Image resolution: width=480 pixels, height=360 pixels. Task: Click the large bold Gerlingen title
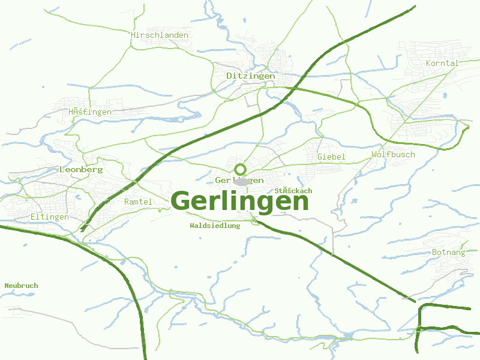(x=240, y=202)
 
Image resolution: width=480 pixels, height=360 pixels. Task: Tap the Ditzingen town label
(x=251, y=76)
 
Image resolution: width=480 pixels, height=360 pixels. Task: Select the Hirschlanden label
(x=160, y=35)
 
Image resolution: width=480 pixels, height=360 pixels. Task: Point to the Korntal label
(x=442, y=64)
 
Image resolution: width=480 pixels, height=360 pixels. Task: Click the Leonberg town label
(x=81, y=170)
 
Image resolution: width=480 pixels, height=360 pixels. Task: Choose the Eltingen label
(x=49, y=217)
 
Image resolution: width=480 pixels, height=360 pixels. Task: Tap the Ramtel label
(x=138, y=202)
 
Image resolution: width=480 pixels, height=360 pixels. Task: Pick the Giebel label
(x=331, y=157)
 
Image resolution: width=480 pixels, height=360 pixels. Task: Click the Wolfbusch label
(x=393, y=155)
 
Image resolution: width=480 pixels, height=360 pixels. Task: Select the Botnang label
(x=449, y=253)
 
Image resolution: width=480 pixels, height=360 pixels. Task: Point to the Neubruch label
(x=21, y=286)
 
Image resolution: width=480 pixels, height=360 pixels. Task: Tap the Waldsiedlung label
(x=215, y=226)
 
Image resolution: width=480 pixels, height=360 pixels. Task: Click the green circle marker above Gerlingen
(x=241, y=169)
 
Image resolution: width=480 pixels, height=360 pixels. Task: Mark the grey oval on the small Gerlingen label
(x=242, y=181)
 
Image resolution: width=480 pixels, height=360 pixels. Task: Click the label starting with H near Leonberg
(x=90, y=112)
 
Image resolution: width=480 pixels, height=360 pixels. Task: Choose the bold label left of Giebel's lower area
(x=293, y=191)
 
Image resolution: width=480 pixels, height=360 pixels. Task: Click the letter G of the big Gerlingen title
(x=184, y=200)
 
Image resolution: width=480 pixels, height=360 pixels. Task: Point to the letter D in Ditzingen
(x=229, y=76)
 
